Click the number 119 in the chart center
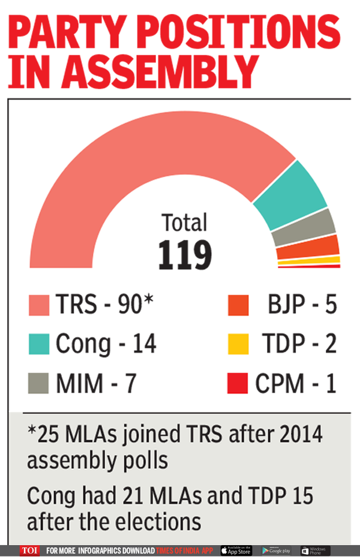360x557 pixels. pyautogui.click(x=185, y=254)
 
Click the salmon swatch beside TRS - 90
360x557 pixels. pyautogui.click(x=39, y=304)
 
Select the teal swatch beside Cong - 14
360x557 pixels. pyautogui.click(x=39, y=344)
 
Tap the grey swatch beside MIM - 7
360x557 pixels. pyautogui.click(x=39, y=383)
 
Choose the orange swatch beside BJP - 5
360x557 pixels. pyautogui.click(x=238, y=304)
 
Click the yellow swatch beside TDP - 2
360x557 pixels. pyautogui.click(x=238, y=344)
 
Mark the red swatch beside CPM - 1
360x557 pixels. pyautogui.click(x=238, y=383)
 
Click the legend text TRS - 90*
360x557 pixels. pyautogui.click(x=105, y=305)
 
